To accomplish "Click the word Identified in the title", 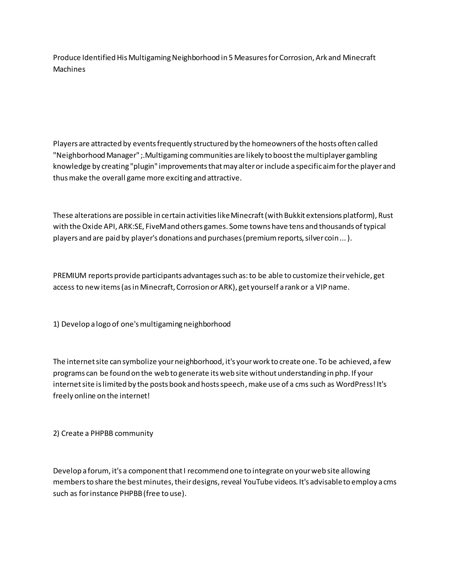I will [x=99, y=58].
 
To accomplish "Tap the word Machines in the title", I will [x=69, y=69].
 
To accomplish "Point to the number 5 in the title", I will [x=230, y=58].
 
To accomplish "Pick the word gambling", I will [x=363, y=155].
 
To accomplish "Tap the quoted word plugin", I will [x=144, y=166].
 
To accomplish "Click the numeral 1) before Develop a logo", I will [x=56, y=324].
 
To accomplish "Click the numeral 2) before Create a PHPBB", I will [x=56, y=433].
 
